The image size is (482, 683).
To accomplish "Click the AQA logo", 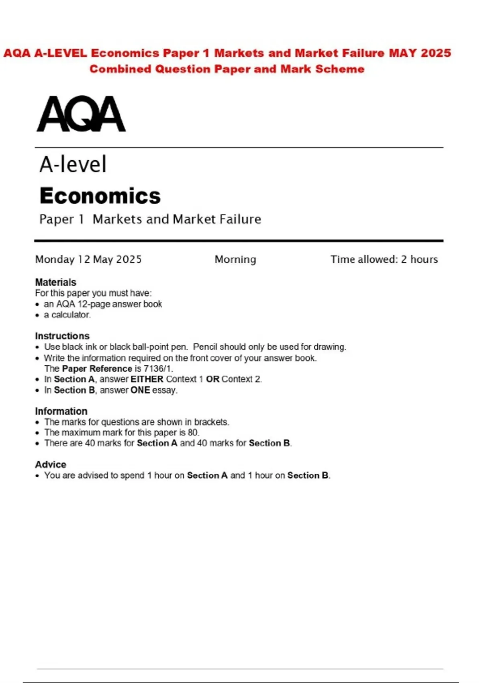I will (81, 114).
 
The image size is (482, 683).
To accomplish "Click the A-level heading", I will (73, 164).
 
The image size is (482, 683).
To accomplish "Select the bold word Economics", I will (100, 196).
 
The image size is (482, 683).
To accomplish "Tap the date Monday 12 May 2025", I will (88, 260).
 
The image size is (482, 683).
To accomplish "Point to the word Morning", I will (235, 260).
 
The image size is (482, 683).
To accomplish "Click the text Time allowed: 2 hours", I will (384, 260).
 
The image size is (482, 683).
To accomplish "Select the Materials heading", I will (55, 282).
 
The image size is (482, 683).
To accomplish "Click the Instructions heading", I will (62, 336).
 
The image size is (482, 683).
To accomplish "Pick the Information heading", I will (61, 411).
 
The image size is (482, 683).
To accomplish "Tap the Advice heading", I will (51, 464).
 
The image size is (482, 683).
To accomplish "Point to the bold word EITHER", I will (147, 379).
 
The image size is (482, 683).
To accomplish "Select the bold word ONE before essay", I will (140, 390).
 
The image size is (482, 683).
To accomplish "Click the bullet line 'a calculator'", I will (67, 315).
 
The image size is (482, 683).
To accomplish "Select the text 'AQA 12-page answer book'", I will (109, 304).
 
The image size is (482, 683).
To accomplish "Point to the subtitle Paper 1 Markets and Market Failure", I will (150, 219).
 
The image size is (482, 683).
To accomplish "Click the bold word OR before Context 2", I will (212, 379).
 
